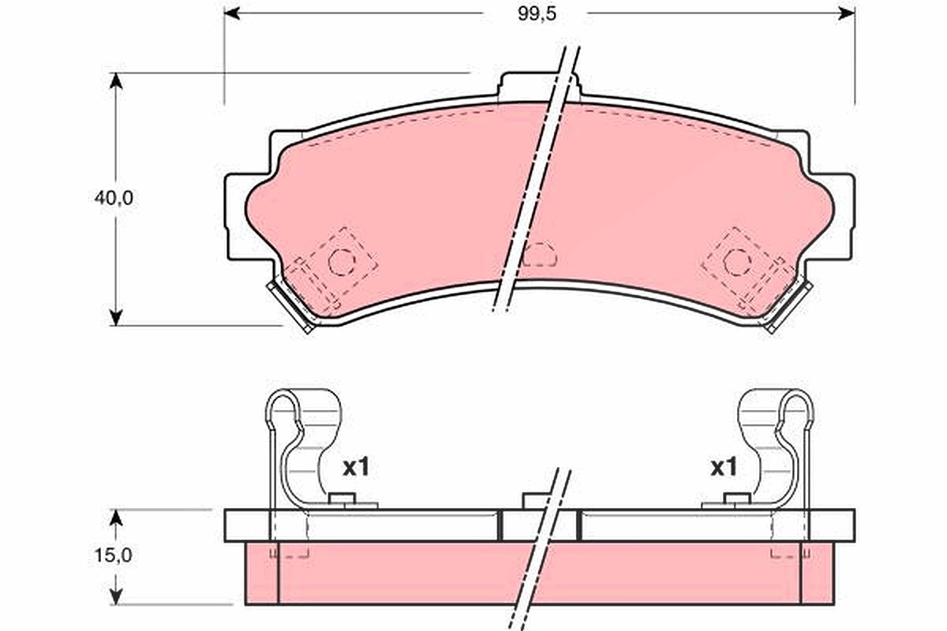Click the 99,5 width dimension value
[x=537, y=14]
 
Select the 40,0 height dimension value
[x=114, y=198]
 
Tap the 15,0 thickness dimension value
[x=113, y=555]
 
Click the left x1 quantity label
[x=356, y=468]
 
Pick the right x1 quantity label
[x=724, y=468]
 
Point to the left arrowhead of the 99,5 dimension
[x=232, y=13]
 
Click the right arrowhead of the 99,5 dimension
[x=847, y=13]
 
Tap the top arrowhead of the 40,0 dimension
[x=115, y=80]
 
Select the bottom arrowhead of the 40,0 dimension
[x=115, y=317]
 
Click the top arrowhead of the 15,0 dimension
[x=115, y=517]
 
